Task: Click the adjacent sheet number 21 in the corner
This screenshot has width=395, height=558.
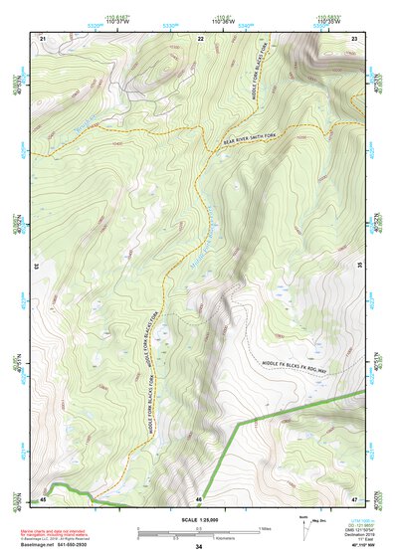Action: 43,38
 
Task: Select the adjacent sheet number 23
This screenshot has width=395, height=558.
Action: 354,38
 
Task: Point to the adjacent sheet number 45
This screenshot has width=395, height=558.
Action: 43,498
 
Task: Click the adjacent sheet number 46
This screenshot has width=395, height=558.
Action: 199,498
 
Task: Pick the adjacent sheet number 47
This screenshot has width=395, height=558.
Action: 354,498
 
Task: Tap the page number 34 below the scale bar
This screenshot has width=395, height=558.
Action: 198,546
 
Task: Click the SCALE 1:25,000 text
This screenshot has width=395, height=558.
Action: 198,518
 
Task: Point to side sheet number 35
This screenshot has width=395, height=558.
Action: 360,266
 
